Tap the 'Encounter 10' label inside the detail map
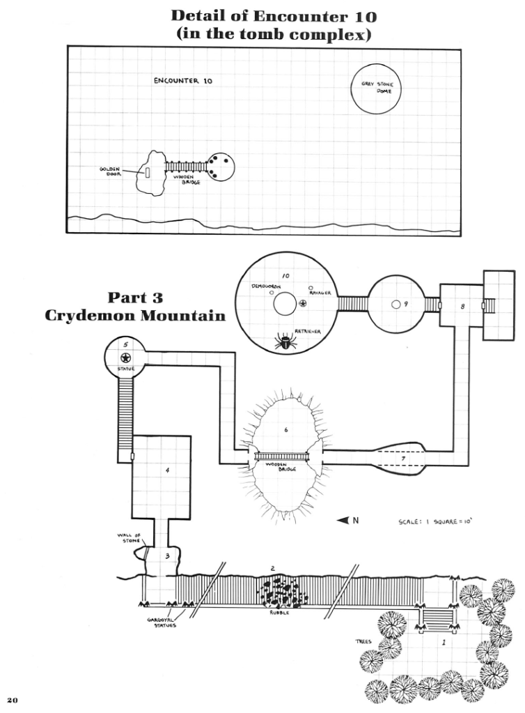pos(183,81)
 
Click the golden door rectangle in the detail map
pos(148,171)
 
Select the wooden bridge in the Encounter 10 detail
pos(186,167)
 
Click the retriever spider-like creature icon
pos(285,342)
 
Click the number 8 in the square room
pos(462,306)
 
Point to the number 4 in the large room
pos(167,470)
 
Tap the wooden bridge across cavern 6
pos(282,457)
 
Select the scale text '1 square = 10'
pos(439,521)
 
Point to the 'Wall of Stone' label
pos(130,539)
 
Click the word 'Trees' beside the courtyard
pos(363,641)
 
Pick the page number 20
pos(12,698)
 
